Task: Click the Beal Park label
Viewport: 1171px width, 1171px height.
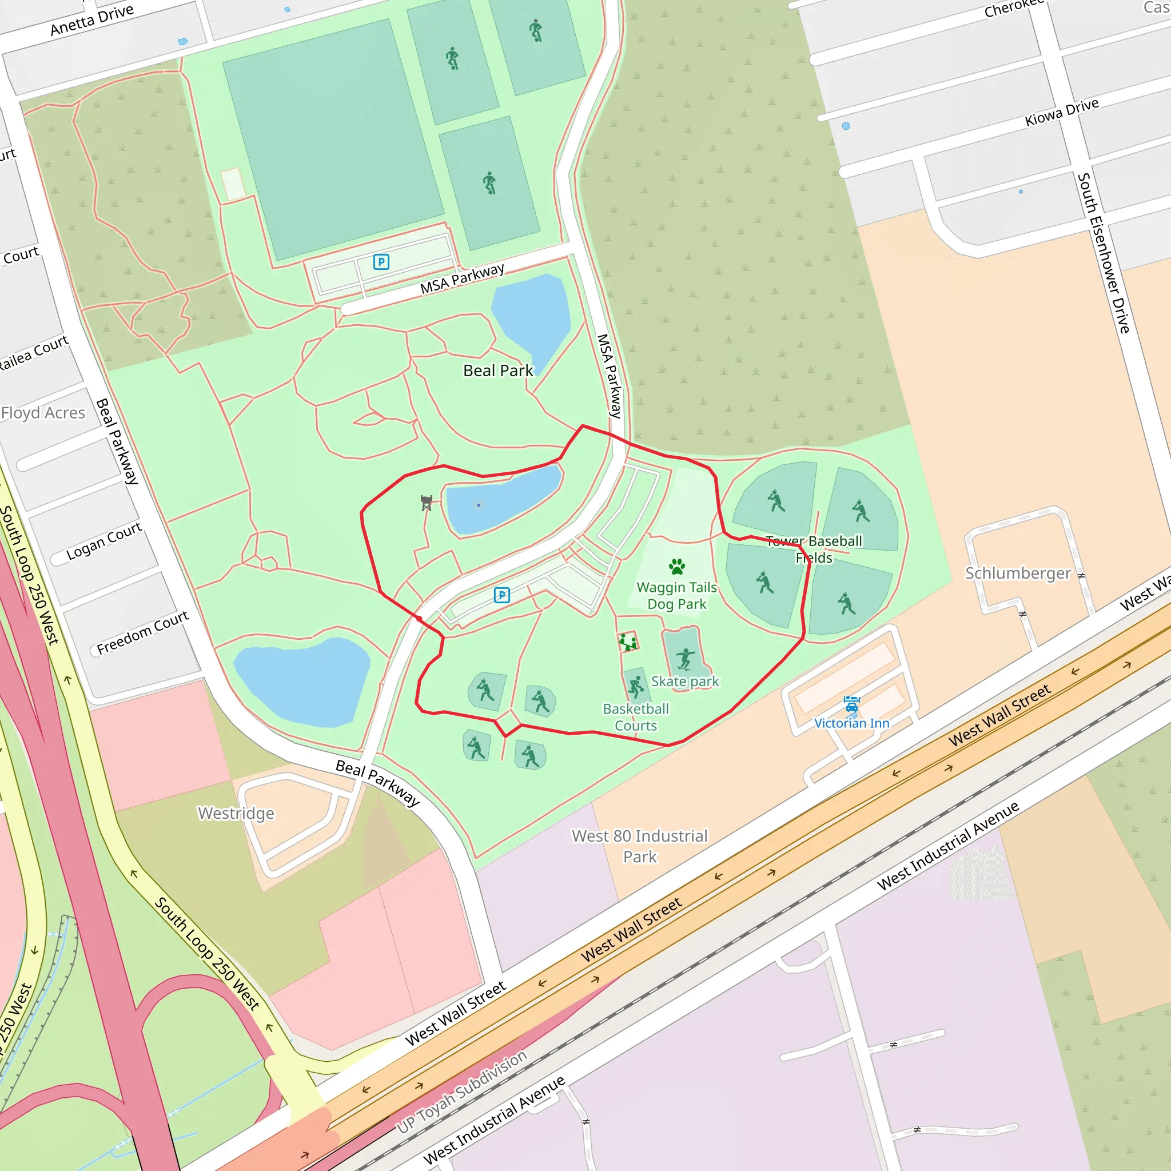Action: pyautogui.click(x=497, y=371)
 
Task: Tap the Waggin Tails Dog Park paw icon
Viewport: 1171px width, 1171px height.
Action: pyautogui.click(x=677, y=567)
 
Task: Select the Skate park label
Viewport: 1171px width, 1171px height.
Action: pyautogui.click(x=685, y=681)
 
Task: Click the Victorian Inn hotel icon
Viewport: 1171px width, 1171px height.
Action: pyautogui.click(x=851, y=704)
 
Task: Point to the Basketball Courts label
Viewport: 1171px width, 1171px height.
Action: pyautogui.click(x=636, y=717)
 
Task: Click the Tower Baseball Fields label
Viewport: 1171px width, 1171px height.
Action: pyautogui.click(x=814, y=549)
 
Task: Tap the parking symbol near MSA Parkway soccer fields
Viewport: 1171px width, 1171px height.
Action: pyautogui.click(x=381, y=262)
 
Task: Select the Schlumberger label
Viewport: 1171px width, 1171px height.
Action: pyautogui.click(x=1018, y=573)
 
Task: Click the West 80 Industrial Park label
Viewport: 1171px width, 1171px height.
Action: pyautogui.click(x=639, y=846)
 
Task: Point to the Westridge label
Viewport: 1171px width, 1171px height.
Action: pyautogui.click(x=236, y=813)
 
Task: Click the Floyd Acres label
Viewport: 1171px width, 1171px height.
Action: pyautogui.click(x=43, y=413)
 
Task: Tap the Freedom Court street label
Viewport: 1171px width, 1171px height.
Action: pyautogui.click(x=143, y=632)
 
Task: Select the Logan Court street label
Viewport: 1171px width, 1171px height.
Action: pyautogui.click(x=104, y=541)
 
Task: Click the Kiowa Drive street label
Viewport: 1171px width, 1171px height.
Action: pyautogui.click(x=1061, y=112)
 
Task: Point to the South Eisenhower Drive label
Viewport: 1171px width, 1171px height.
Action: pyautogui.click(x=1103, y=253)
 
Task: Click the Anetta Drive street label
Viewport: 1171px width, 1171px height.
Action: pyautogui.click(x=91, y=20)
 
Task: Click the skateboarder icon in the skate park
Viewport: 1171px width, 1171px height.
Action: pyautogui.click(x=685, y=658)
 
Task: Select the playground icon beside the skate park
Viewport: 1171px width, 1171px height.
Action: pyautogui.click(x=628, y=642)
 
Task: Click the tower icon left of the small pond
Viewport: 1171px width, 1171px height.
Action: pyautogui.click(x=427, y=503)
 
